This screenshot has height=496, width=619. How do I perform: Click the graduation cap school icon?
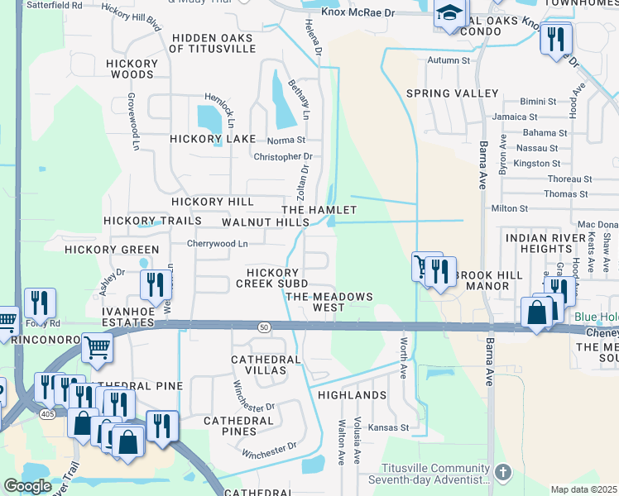(449, 14)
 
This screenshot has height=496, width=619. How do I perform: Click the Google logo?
(27, 486)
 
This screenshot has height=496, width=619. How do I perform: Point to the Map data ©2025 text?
(583, 489)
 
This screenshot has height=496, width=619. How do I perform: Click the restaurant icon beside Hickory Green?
(155, 284)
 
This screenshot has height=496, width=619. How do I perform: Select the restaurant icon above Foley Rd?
(39, 303)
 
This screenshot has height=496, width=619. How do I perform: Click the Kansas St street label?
(389, 427)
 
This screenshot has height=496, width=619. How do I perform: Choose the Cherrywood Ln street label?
(218, 243)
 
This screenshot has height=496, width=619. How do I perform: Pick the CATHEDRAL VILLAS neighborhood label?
(259, 365)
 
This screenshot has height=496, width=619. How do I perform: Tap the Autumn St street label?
(449, 60)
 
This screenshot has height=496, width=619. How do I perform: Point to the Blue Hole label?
(597, 317)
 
